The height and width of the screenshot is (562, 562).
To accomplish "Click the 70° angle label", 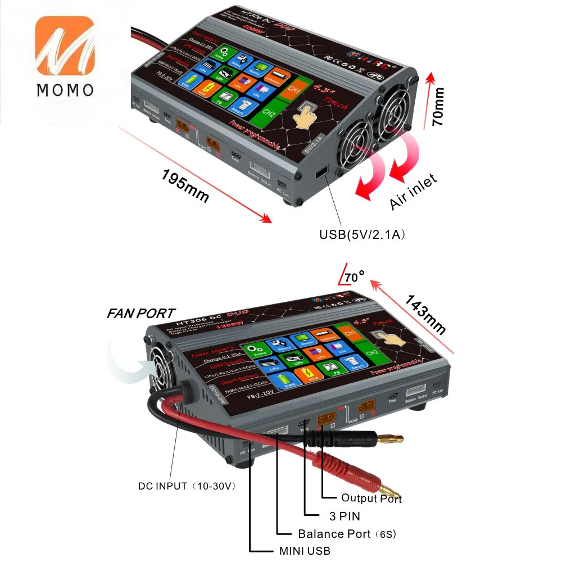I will click(352, 277).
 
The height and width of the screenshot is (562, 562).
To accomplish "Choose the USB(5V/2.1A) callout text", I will click(362, 234).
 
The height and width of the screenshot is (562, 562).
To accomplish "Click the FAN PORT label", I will click(141, 314).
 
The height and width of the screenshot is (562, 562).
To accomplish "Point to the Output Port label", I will click(371, 498).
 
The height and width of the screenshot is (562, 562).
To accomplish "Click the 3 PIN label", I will click(345, 516).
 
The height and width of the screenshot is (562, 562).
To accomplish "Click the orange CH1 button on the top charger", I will click(294, 89).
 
